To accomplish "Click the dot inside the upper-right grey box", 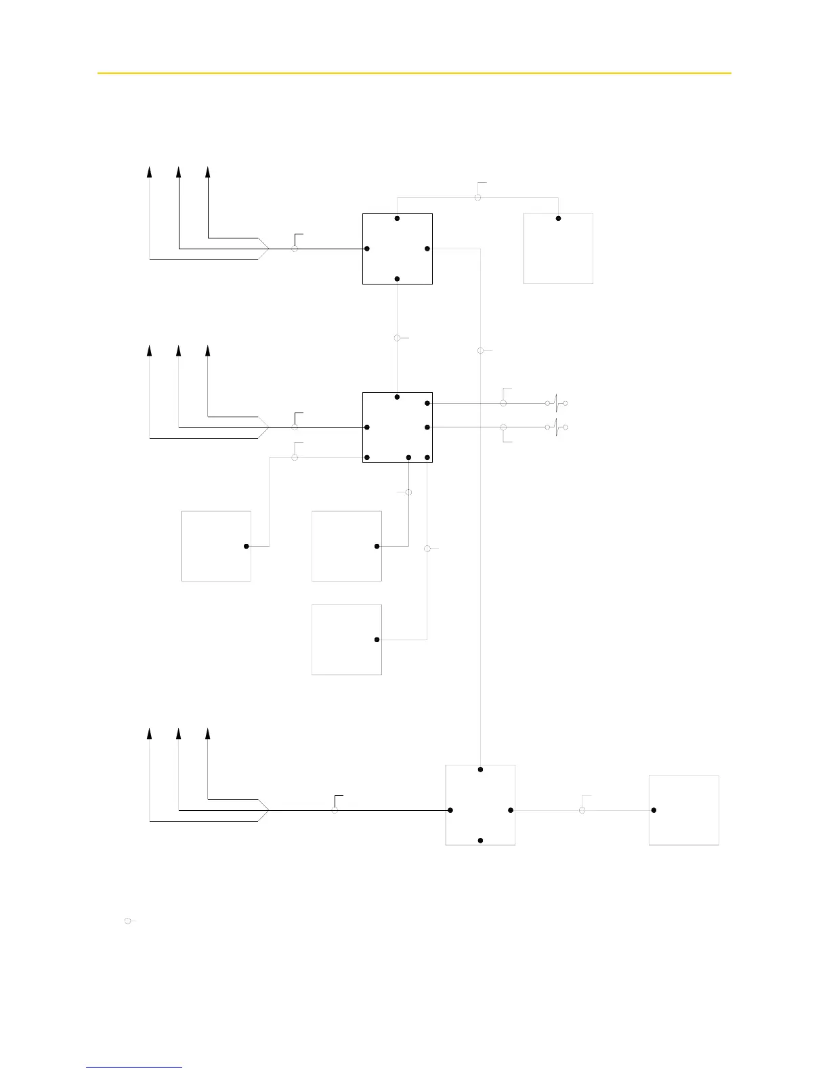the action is tap(558, 219).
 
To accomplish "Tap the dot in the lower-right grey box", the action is tap(654, 810).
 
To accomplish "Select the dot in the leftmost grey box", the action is tap(247, 546).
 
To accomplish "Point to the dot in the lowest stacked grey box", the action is tap(377, 639).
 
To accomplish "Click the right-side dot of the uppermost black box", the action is tap(427, 249).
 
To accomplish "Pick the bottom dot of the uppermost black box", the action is tap(398, 279).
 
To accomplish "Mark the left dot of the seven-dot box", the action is tap(366, 427).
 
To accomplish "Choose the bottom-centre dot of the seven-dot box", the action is tap(408, 458).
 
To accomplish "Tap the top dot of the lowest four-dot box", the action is tap(480, 770).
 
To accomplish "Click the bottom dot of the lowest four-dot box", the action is tap(480, 841).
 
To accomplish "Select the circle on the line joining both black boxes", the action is tap(398, 337).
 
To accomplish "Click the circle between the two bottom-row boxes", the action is tap(582, 810).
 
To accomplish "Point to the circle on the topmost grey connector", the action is tap(477, 197).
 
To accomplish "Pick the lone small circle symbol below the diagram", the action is tap(127, 921).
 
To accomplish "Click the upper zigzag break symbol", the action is tap(556, 403).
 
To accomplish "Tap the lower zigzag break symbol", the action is tap(556, 427).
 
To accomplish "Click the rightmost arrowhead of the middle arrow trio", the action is tap(208, 350).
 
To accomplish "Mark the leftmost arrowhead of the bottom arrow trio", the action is tap(150, 734).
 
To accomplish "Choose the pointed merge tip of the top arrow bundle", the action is tap(270, 249).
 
